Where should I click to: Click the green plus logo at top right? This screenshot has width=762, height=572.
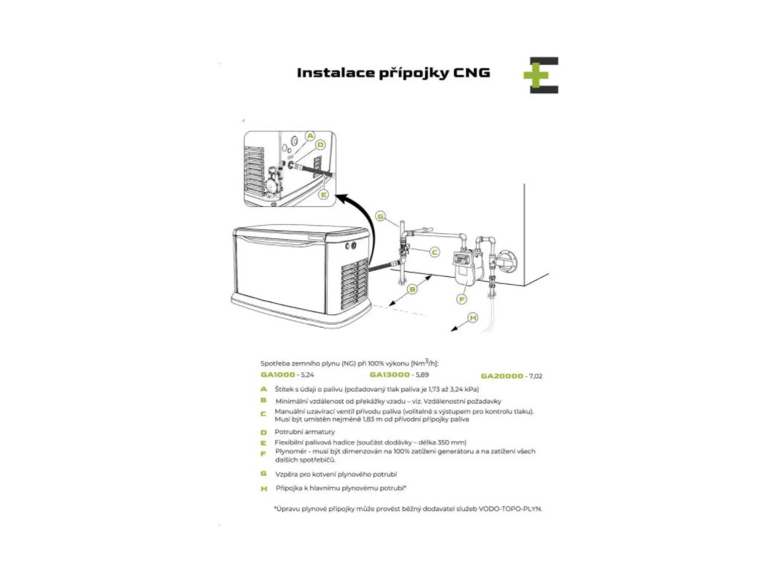(541, 75)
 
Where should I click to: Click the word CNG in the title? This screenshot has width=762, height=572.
(471, 73)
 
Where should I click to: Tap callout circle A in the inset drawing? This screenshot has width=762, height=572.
(310, 136)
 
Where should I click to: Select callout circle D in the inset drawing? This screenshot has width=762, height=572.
(320, 144)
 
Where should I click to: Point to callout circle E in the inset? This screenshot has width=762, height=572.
(323, 194)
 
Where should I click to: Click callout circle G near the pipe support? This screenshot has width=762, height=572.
(380, 216)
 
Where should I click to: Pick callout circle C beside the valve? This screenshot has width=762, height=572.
(435, 252)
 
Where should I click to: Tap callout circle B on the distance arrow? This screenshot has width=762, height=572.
(412, 289)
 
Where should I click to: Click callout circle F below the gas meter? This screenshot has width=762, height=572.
(462, 299)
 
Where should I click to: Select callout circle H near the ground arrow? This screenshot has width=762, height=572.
(473, 317)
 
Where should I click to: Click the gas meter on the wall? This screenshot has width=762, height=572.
(464, 267)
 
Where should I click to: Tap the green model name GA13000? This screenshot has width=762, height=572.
(390, 375)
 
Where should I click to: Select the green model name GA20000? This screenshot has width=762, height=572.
(502, 376)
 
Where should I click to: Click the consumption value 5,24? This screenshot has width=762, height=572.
(307, 375)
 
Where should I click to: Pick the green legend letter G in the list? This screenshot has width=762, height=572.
(264, 474)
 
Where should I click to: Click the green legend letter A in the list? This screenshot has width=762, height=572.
(264, 389)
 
